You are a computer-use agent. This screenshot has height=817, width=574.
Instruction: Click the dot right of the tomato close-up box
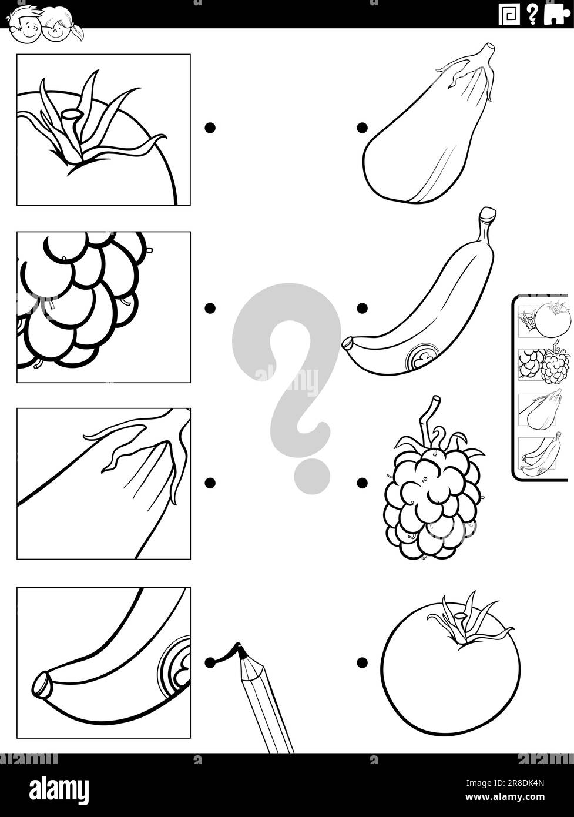pos(210,128)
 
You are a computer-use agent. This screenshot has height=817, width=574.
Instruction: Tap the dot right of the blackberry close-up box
pos(210,308)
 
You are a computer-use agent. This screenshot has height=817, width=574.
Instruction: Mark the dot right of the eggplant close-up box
pos(210,483)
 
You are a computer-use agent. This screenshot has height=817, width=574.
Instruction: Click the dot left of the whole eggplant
pos(362,128)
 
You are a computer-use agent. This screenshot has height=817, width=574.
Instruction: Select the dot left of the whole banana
pos(362,308)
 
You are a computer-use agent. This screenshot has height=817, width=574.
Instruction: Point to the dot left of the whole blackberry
pos(362,483)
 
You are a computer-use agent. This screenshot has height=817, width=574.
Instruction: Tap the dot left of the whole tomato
pos(362,662)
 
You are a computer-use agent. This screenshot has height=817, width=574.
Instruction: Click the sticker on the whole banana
pos(422,357)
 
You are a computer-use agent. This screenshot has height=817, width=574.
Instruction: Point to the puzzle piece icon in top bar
pos(556,14)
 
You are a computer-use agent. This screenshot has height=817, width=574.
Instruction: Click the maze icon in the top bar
pos(509,14)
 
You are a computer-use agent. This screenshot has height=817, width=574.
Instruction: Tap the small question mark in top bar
pos(532,14)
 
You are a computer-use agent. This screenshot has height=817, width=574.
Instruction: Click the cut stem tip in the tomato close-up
pos(72,113)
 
